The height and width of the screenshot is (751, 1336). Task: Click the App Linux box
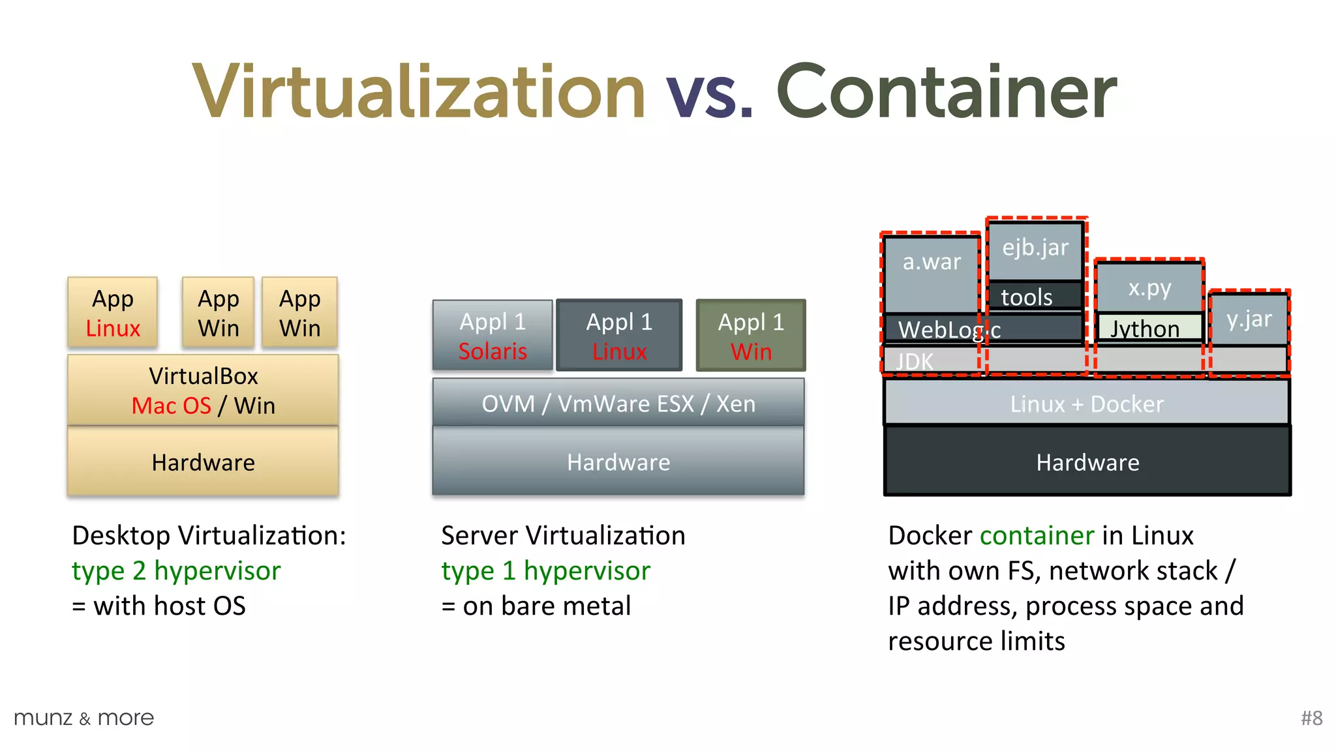point(113,312)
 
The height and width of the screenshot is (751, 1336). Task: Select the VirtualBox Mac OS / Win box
point(203,390)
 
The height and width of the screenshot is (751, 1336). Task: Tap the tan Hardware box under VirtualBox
point(203,462)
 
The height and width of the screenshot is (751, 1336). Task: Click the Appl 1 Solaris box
point(493,336)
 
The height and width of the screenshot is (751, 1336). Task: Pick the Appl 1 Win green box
point(751,336)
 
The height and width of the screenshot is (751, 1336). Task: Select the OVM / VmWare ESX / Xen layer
point(618,404)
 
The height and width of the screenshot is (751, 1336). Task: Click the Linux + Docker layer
point(1087,404)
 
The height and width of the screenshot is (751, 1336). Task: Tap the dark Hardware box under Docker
point(1087,462)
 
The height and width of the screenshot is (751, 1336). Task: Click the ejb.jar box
point(1035,249)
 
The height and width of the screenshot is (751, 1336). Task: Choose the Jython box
point(1148,327)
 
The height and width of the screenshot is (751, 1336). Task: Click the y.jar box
point(1249,319)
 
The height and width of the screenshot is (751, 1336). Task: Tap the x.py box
point(1149,287)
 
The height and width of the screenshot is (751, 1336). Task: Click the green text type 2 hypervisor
point(176,570)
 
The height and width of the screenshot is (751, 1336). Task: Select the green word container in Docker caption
point(1037,535)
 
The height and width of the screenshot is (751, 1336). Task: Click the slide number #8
point(1311,718)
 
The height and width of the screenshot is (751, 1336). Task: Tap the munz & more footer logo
point(83,718)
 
